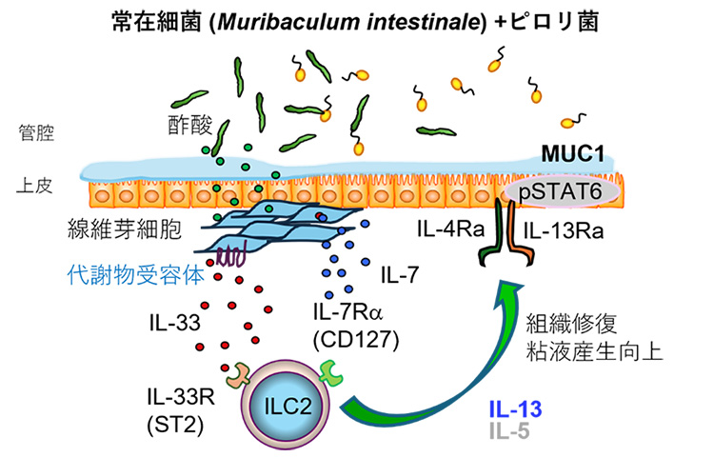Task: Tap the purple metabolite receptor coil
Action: pyautogui.click(x=234, y=255)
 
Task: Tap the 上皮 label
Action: pyautogui.click(x=30, y=188)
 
